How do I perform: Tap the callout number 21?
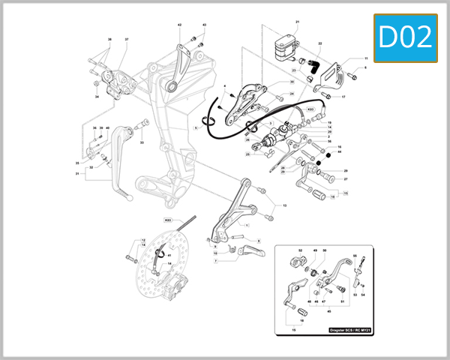[x=297, y=22]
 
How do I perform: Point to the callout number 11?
[x=367, y=58]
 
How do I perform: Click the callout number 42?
[x=180, y=25]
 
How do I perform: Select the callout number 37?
[x=127, y=39]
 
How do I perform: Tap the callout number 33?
[x=142, y=142]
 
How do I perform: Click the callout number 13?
[x=283, y=205]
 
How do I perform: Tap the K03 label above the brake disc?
[x=169, y=220]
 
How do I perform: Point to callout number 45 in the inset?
[x=327, y=310]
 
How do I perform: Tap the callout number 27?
[x=345, y=179]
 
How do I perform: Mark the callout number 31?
[x=76, y=174]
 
